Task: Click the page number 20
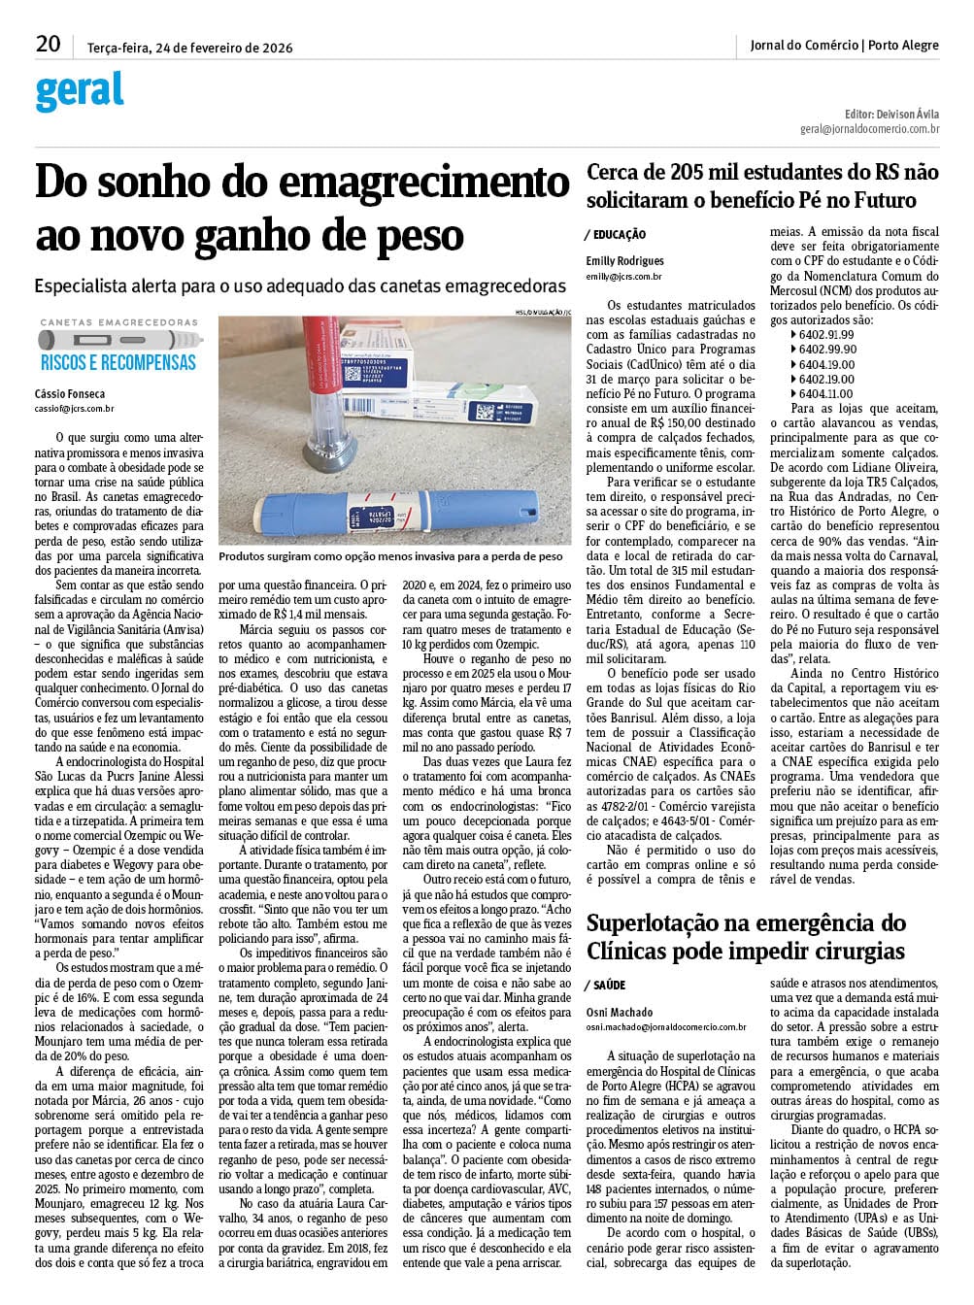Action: tap(48, 44)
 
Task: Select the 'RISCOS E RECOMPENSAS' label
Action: tap(118, 362)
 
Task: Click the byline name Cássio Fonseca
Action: tap(70, 394)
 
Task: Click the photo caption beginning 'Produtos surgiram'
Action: tap(390, 557)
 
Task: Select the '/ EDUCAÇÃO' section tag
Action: tap(616, 235)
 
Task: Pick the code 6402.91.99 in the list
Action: tap(825, 334)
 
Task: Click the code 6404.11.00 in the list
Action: tap(825, 393)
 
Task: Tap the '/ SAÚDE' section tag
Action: tap(605, 986)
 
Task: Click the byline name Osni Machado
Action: tap(620, 1013)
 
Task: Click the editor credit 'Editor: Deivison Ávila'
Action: tap(891, 114)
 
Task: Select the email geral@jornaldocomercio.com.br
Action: tap(869, 128)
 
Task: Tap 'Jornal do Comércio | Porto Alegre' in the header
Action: tap(843, 46)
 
